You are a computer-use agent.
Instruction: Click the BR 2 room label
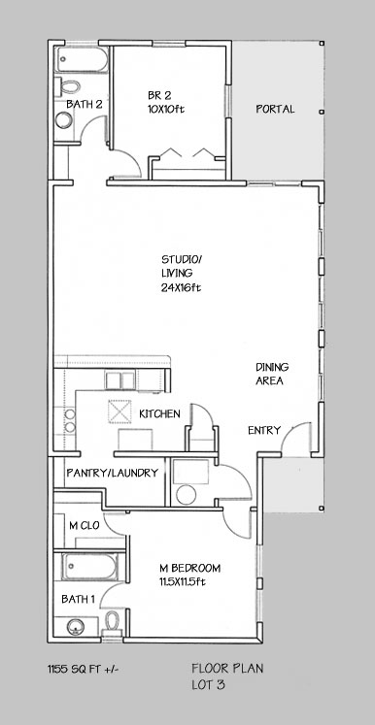[x=159, y=96]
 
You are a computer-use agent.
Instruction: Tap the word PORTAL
[x=276, y=109]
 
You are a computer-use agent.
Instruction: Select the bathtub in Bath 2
[x=83, y=59]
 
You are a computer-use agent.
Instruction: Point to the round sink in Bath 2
[x=64, y=120]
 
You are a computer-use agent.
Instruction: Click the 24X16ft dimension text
[x=181, y=287]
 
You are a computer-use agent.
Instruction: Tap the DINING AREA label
[x=272, y=374]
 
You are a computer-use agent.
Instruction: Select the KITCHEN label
[x=159, y=413]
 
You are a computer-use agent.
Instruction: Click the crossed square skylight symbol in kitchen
[x=119, y=412]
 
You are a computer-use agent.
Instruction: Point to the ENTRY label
[x=264, y=431]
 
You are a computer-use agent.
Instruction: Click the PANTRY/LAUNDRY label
[x=113, y=473]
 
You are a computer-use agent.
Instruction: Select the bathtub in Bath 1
[x=90, y=567]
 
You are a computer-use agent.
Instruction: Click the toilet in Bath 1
[x=112, y=623]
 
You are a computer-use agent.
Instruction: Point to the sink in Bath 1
[x=76, y=627]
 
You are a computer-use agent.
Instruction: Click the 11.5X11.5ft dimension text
[x=182, y=582]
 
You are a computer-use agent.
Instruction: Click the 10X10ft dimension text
[x=166, y=110]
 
